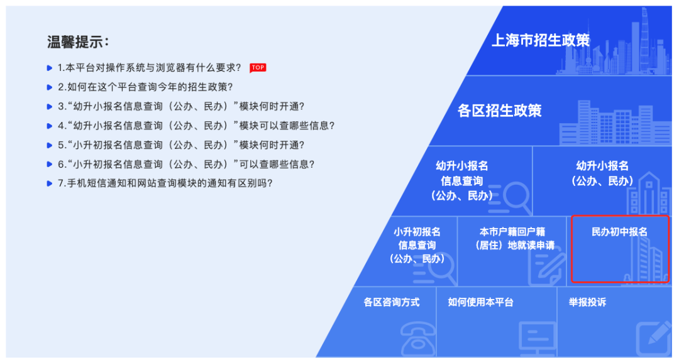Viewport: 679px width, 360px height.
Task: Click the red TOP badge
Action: pyautogui.click(x=258, y=67)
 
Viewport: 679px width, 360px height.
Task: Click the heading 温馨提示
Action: pyautogui.click(x=78, y=42)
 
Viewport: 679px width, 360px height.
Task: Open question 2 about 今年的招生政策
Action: pyautogui.click(x=145, y=87)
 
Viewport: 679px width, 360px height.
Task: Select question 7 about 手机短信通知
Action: pyautogui.click(x=165, y=183)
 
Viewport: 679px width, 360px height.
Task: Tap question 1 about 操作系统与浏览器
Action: pyautogui.click(x=150, y=67)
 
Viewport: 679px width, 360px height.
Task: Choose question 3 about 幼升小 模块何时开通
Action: pyautogui.click(x=181, y=106)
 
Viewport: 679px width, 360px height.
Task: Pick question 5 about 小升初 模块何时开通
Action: pyautogui.click(x=181, y=145)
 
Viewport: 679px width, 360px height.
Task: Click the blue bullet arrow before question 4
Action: pyautogui.click(x=50, y=126)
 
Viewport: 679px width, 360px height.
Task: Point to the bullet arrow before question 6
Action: pyautogui.click(x=50, y=165)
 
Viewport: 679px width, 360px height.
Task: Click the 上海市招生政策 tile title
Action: pyautogui.click(x=541, y=40)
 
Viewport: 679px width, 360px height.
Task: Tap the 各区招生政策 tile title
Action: pyautogui.click(x=499, y=111)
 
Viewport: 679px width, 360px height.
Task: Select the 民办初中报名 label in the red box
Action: pyautogui.click(x=619, y=232)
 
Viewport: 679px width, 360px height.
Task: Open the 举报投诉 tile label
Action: pyautogui.click(x=587, y=302)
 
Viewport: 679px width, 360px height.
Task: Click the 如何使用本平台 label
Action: pyautogui.click(x=480, y=302)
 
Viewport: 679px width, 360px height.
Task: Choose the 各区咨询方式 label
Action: pyautogui.click(x=392, y=302)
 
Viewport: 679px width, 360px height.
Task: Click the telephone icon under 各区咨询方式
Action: pyautogui.click(x=418, y=339)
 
